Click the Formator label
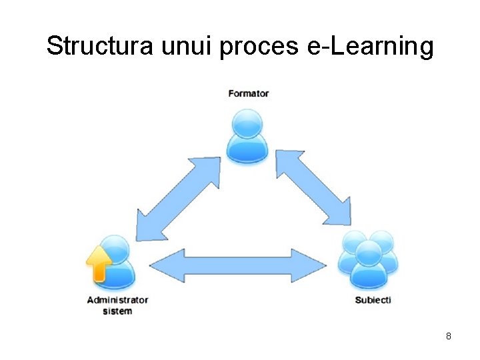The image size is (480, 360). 248,93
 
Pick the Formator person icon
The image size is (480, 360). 247,137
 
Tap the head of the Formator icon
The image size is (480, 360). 247,123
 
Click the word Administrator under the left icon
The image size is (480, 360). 117,301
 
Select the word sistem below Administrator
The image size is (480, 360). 117,311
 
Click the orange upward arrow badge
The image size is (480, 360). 99,263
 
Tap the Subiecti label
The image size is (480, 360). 373,300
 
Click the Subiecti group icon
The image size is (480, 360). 369,260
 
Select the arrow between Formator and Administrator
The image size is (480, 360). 178,199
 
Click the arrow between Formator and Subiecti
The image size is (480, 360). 313,187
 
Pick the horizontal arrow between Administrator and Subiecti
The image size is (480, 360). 238,265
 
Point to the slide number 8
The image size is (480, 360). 449,337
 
